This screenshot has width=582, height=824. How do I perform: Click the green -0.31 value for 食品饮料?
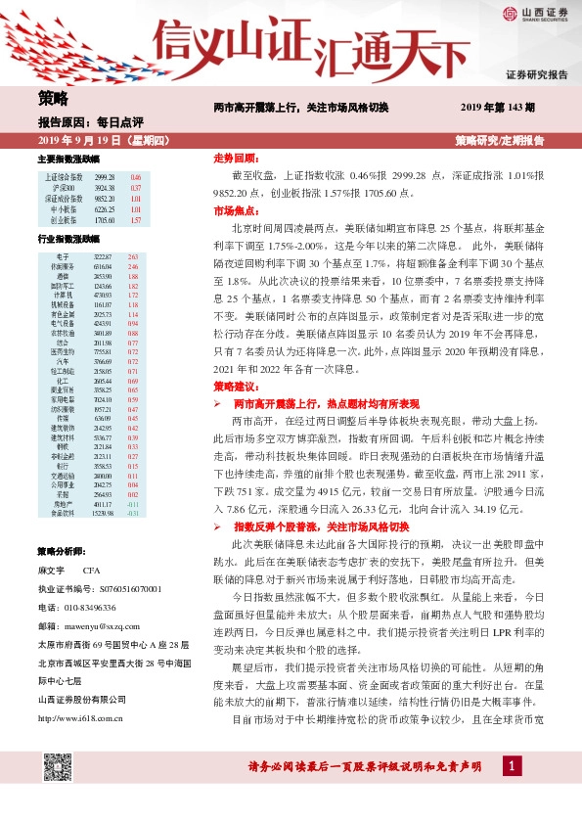pyautogui.click(x=134, y=513)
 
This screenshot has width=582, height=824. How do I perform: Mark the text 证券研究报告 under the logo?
pyautogui.click(x=536, y=74)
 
